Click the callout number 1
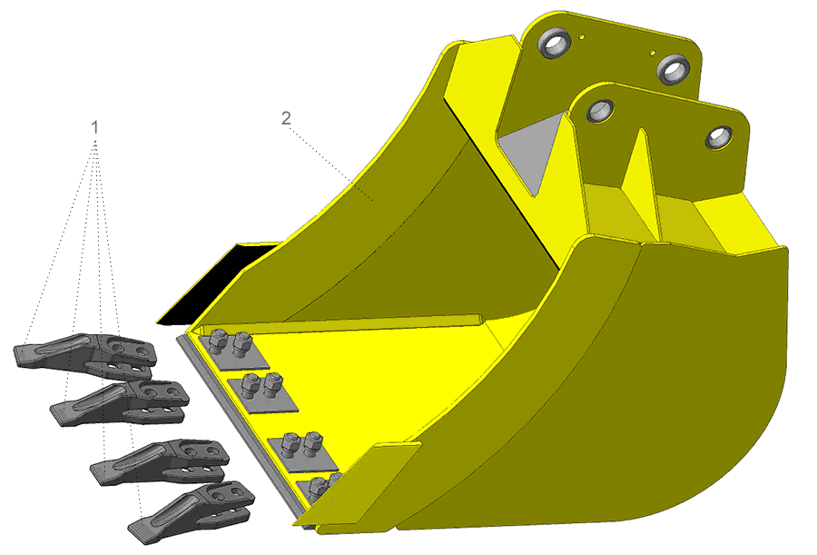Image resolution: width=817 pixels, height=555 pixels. (x=94, y=127)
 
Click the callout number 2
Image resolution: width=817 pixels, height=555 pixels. (x=286, y=118)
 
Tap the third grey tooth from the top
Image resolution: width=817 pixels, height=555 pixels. (x=161, y=461)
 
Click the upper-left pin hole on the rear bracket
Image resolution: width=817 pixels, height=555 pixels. (x=554, y=44)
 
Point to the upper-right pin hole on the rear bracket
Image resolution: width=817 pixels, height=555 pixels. (x=674, y=69)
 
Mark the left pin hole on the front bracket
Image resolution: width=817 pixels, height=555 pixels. (x=600, y=111)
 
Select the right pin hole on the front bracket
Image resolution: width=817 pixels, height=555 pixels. (x=720, y=138)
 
